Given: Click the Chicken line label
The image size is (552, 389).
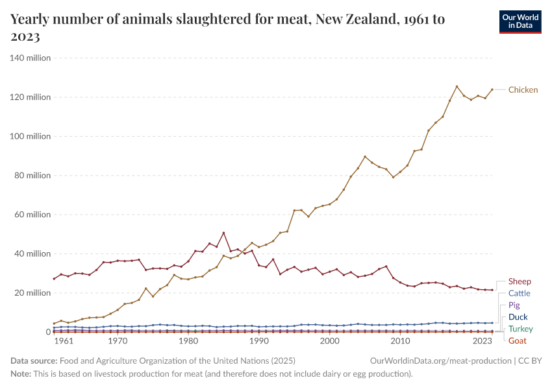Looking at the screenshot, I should [x=523, y=89].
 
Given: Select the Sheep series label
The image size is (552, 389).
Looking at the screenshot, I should [x=520, y=281].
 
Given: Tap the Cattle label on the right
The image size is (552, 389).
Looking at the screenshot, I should [x=519, y=293].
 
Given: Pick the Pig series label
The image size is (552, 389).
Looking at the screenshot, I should [x=514, y=305].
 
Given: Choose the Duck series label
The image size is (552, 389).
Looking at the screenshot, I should [x=518, y=317].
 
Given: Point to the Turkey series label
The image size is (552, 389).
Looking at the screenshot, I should [x=520, y=329].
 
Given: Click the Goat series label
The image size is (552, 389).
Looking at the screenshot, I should [x=517, y=340].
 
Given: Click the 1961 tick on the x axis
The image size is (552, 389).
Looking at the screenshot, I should [x=63, y=341].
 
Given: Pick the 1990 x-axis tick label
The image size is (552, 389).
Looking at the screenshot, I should [x=259, y=341].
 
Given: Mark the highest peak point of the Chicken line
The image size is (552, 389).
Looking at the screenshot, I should [x=457, y=86].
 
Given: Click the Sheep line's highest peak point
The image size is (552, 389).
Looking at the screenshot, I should [x=223, y=233].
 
